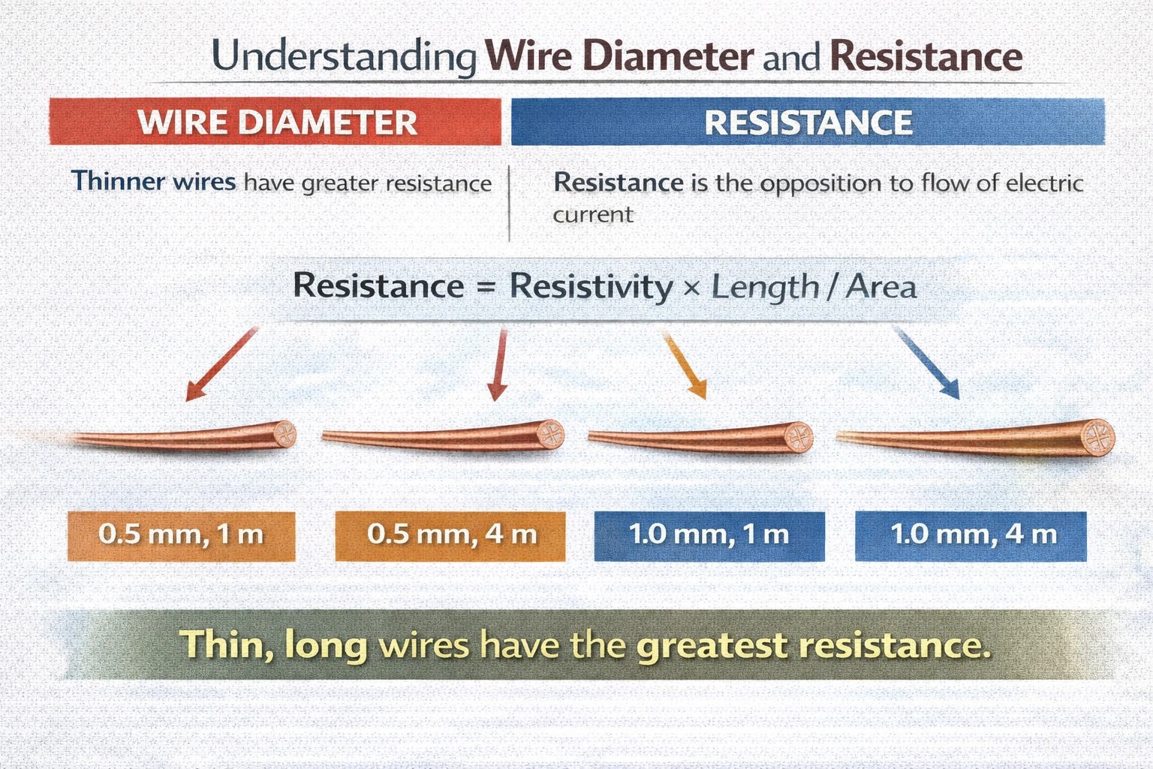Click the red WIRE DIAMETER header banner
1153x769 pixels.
point(275,122)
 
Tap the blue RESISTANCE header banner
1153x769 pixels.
point(808,122)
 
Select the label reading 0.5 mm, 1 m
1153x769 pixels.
point(181,535)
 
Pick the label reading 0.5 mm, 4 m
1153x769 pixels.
point(450,535)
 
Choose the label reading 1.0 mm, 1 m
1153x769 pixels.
point(709,535)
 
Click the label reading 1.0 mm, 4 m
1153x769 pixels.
point(971,535)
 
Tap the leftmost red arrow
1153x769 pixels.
point(221,364)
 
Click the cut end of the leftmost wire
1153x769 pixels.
point(284,434)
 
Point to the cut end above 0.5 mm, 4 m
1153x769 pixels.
point(551,434)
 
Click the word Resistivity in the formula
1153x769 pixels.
point(591,287)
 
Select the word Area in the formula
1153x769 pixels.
point(881,287)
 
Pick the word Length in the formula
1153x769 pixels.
point(764,287)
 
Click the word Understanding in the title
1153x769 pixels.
point(344,58)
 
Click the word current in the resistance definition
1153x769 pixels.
point(593,215)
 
